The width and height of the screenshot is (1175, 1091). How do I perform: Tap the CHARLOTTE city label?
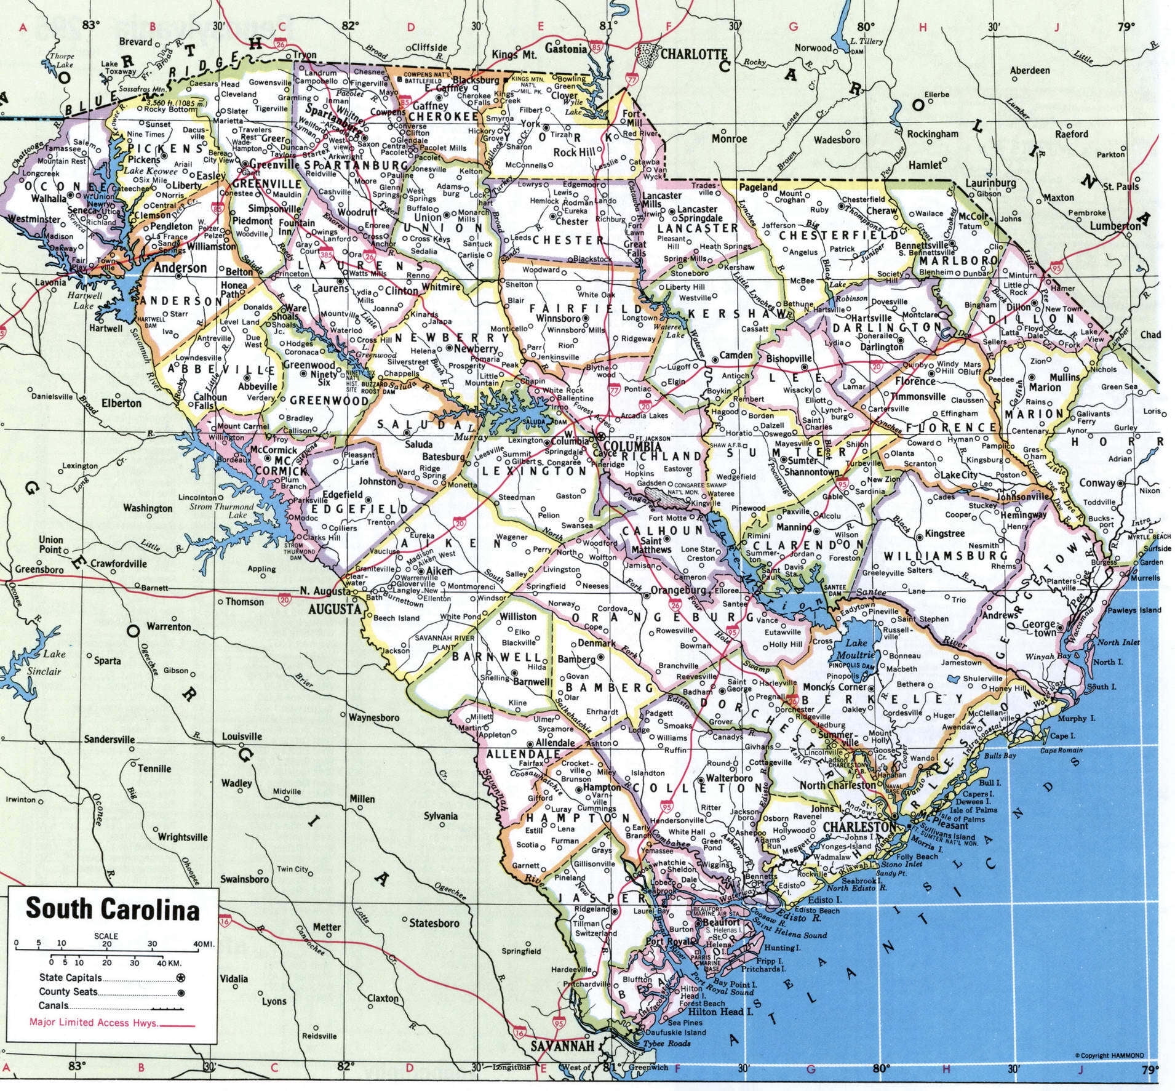693,54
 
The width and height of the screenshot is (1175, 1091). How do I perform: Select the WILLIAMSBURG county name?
935,556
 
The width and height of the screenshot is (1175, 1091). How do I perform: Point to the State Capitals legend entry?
71,977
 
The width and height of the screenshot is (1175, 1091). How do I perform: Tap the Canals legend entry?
54,1006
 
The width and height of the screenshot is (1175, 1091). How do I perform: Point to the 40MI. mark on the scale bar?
204,944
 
